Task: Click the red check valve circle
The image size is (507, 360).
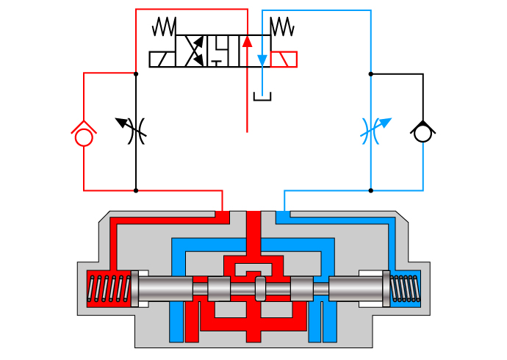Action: click(84, 137)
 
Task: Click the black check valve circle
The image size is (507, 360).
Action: click(422, 134)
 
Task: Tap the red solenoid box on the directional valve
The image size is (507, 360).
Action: click(284, 60)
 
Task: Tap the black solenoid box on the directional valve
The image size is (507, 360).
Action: click(162, 60)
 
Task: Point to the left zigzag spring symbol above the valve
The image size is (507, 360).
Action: click(164, 27)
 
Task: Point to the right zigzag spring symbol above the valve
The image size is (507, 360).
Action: click(282, 27)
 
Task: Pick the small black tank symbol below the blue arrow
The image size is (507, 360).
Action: click(262, 96)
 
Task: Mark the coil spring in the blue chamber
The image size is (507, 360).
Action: click(405, 287)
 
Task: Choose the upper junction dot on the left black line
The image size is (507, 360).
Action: click(136, 73)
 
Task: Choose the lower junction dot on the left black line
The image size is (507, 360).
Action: click(136, 190)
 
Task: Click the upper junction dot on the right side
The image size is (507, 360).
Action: click(370, 73)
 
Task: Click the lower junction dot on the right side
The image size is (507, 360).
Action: click(370, 190)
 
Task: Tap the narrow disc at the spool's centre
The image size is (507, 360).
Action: click(259, 288)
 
